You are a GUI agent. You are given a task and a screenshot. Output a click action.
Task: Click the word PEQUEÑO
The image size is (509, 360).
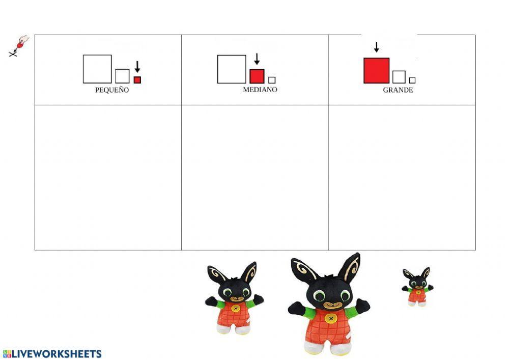[112, 90]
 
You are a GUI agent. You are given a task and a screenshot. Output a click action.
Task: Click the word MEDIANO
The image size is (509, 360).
[260, 90]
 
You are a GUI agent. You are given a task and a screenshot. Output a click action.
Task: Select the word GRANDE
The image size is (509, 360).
[398, 90]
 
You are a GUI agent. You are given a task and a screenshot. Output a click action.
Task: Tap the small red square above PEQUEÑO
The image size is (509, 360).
[137, 80]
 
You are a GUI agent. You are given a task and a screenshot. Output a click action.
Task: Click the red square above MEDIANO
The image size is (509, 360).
[257, 76]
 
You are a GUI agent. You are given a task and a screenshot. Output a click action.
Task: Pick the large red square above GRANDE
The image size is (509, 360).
[377, 71]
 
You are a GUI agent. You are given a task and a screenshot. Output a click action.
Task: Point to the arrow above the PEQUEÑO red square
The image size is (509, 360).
[137, 67]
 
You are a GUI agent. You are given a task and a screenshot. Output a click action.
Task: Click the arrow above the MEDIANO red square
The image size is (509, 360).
[257, 59]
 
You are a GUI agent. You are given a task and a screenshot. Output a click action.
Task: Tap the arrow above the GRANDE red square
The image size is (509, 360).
[377, 47]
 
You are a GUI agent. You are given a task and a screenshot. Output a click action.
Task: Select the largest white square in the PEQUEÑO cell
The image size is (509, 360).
[97, 69]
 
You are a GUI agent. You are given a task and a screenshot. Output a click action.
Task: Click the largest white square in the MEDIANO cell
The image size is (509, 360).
[232, 69]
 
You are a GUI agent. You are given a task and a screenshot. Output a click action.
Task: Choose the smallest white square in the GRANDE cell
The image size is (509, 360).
[412, 80]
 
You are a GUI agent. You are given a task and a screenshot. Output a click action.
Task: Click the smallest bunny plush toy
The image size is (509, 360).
[417, 287]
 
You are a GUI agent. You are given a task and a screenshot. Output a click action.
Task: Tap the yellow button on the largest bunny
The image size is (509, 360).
[331, 319]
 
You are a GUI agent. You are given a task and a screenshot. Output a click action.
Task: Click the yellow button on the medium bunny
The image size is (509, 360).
[236, 308]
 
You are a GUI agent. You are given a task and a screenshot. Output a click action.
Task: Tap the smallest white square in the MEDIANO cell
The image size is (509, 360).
[272, 80]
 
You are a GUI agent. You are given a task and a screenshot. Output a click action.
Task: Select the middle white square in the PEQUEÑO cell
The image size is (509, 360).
[122, 76]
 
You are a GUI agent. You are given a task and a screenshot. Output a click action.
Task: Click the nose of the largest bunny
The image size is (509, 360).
[331, 305]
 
